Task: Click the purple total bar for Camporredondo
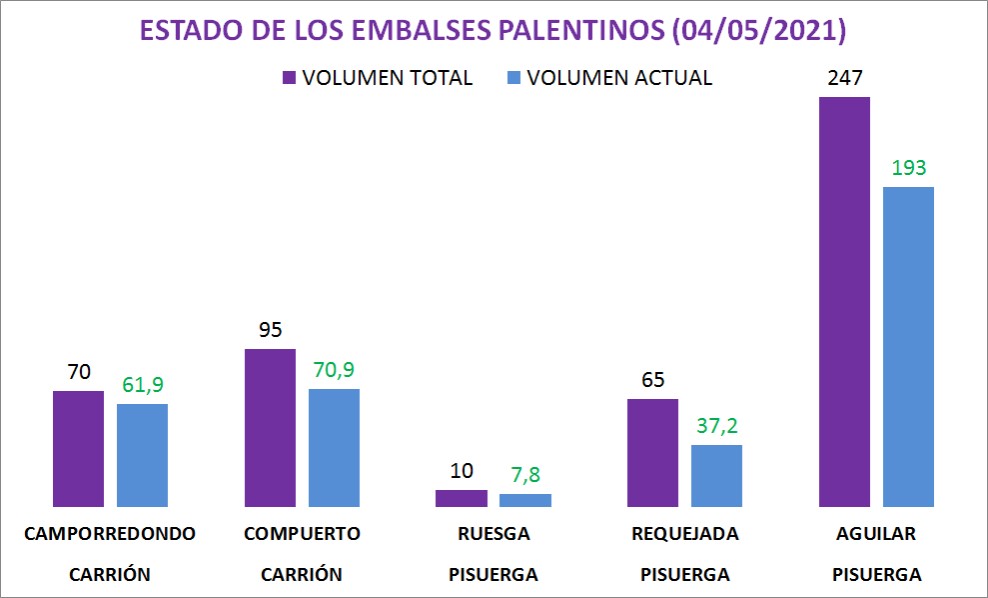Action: [x=78, y=448]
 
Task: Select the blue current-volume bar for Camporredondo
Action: [x=142, y=455]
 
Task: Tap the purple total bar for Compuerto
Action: [x=270, y=427]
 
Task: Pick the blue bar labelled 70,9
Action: [x=334, y=447]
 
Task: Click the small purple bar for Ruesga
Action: [x=462, y=498]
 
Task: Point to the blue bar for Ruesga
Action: [x=525, y=500]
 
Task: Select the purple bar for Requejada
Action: [x=652, y=452]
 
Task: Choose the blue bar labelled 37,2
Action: [x=716, y=475]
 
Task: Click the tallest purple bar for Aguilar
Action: [x=844, y=301]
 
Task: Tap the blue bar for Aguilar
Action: [x=908, y=346]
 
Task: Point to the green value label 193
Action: [x=908, y=168]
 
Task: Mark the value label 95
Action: [x=270, y=330]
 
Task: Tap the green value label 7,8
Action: [x=525, y=475]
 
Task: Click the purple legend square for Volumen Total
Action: [x=289, y=78]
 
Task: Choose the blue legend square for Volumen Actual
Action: [x=513, y=78]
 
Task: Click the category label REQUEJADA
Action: [x=684, y=533]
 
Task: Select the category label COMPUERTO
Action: [x=302, y=533]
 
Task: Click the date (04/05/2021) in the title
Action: [x=759, y=31]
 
